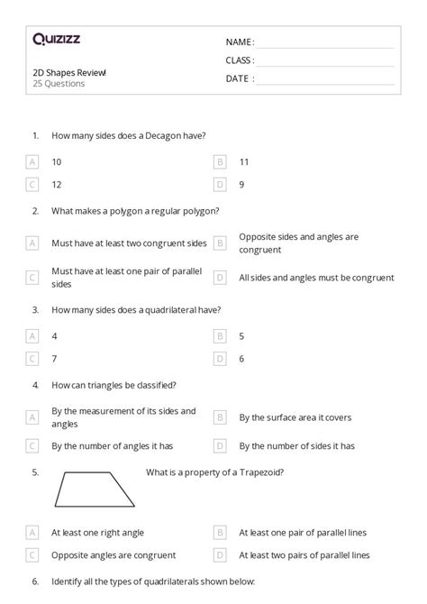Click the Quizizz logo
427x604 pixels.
[x=56, y=40]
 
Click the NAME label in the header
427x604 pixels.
[x=239, y=41]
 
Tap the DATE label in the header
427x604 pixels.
[x=238, y=78]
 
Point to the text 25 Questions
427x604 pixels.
[x=59, y=84]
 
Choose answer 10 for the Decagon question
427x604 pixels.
[x=57, y=162]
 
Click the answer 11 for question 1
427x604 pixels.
[x=244, y=162]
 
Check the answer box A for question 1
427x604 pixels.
[x=33, y=162]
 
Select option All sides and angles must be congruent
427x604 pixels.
[x=316, y=278]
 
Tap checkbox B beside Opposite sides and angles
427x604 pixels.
[x=220, y=243]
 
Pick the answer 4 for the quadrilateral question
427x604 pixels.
[x=55, y=335]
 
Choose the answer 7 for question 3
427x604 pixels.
[x=55, y=358]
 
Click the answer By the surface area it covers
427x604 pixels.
[x=295, y=417]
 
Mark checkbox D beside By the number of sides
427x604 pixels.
[x=220, y=445]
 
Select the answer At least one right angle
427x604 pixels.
[x=97, y=533]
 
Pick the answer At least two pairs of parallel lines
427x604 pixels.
[x=304, y=555]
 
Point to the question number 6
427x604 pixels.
[x=35, y=582]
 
